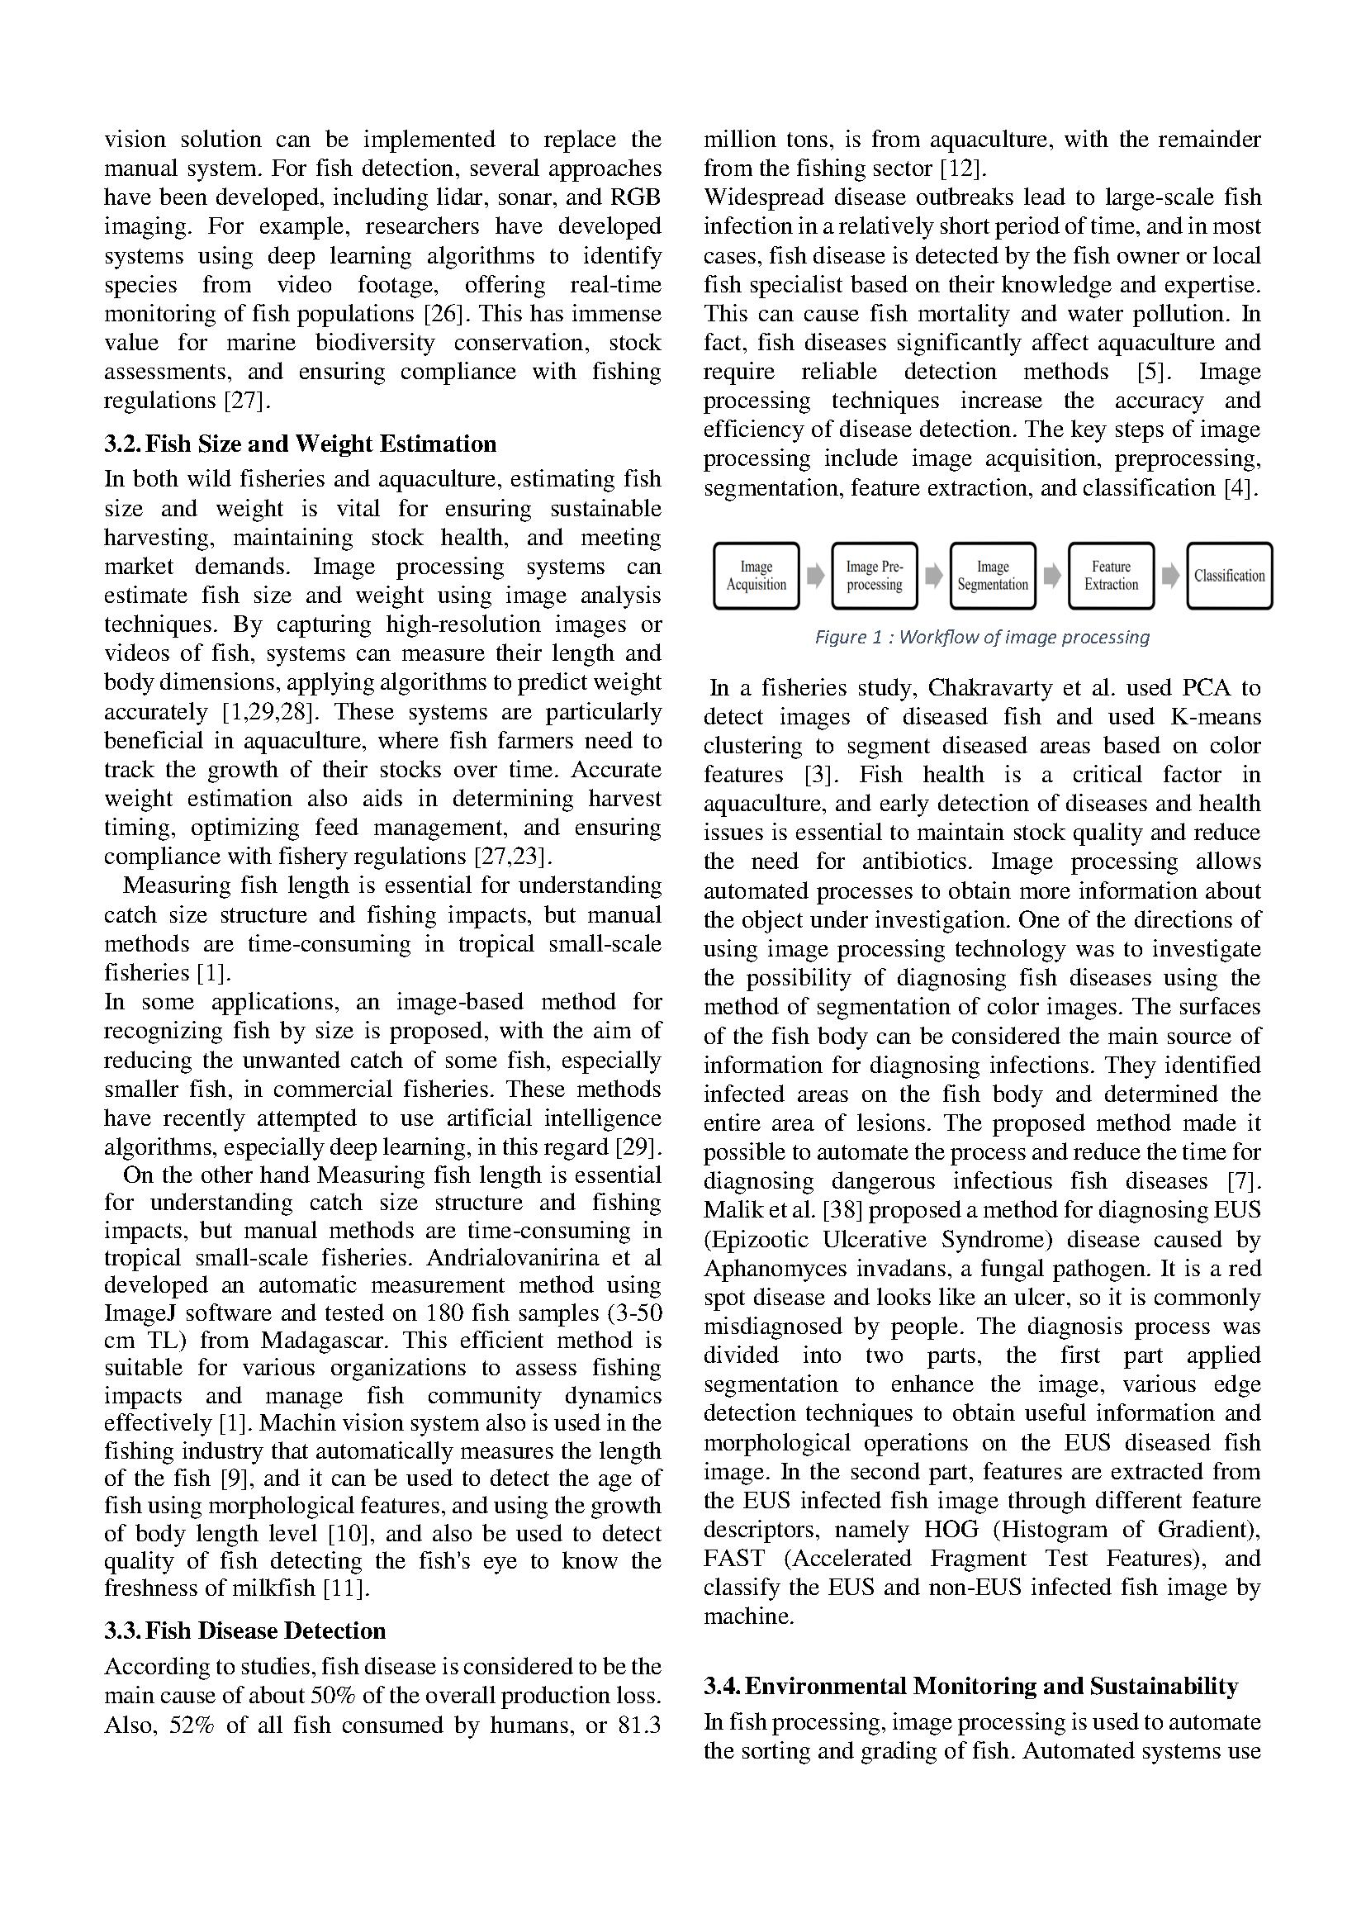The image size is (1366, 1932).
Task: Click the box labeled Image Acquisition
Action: point(756,576)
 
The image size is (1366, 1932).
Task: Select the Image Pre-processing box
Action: point(874,576)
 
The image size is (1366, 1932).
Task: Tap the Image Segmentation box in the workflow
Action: point(993,576)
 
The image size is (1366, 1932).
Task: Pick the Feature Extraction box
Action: point(1110,576)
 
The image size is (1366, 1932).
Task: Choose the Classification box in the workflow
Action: point(1229,576)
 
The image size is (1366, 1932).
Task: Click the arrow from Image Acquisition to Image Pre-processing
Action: point(815,576)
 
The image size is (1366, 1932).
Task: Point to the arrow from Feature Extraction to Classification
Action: point(1170,576)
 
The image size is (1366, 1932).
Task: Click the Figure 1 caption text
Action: point(982,637)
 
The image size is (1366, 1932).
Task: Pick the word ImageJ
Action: point(140,1313)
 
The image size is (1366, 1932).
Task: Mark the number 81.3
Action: point(639,1725)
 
